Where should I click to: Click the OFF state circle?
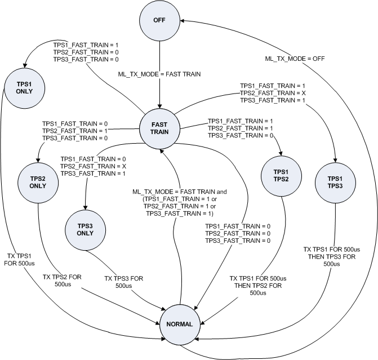pyautogui.click(x=159, y=21)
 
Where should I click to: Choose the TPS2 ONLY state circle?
pyautogui.click(x=38, y=181)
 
